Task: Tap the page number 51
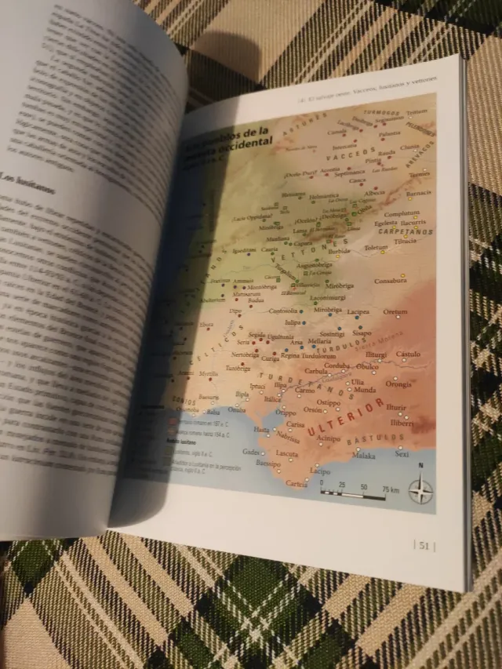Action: [424, 546]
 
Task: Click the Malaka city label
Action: [363, 455]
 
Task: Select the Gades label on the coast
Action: [250, 453]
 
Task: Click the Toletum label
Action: [376, 248]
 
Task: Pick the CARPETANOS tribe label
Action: [408, 231]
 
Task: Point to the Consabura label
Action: [390, 280]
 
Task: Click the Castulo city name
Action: [408, 354]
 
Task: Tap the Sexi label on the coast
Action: [402, 454]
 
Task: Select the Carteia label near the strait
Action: [297, 483]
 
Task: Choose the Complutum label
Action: [402, 213]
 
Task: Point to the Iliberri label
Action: [402, 423]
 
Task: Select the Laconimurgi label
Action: [327, 298]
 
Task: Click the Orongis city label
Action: [398, 384]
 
